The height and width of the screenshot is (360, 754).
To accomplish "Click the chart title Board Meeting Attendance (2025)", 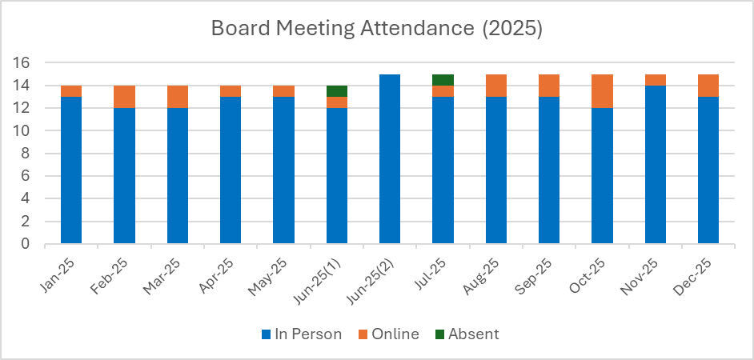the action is [376, 29].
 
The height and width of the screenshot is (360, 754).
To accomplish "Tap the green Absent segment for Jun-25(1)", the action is [337, 91].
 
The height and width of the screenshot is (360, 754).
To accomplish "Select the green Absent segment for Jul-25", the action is [443, 80].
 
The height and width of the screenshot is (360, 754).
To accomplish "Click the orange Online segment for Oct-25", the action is [602, 91].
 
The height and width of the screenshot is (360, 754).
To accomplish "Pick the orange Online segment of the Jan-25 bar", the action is [71, 91].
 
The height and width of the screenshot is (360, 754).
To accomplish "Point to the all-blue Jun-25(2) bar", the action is [390, 159].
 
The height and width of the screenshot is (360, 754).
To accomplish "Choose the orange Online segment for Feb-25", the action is [124, 97].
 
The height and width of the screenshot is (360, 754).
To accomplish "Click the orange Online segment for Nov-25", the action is [656, 80].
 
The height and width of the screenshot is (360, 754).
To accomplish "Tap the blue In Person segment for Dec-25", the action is [708, 170].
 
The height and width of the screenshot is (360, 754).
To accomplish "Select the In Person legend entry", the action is [302, 334].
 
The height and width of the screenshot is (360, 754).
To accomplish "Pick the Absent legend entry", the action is [466, 334].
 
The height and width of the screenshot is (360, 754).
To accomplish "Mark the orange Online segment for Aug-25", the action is [496, 86].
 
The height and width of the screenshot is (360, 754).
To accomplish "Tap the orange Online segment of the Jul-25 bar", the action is [443, 91].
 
